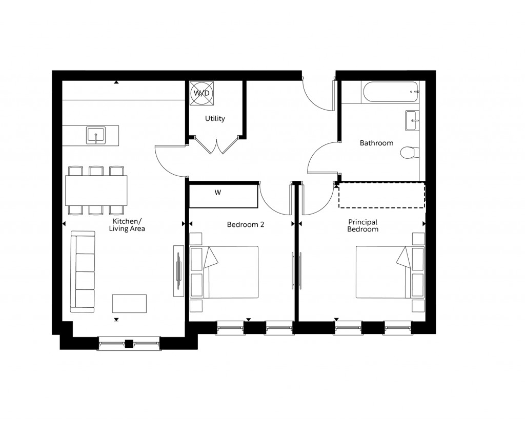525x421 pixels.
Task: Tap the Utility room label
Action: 215,119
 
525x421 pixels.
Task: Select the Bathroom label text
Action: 376,143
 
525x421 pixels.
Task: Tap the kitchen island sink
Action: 95,136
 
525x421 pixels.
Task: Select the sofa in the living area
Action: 83,271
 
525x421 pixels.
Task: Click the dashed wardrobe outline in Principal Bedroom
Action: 381,196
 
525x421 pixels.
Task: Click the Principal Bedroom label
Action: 362,226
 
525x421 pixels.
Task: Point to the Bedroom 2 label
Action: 245,224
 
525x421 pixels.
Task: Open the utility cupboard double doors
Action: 216,146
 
